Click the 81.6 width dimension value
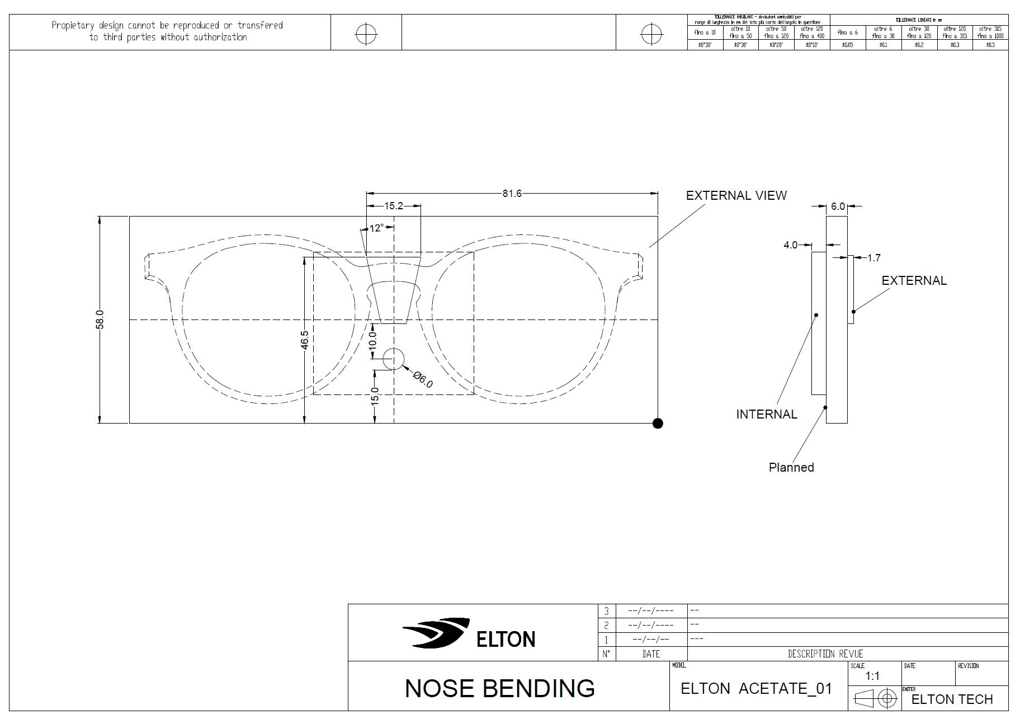pos(512,194)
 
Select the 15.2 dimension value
pos(394,206)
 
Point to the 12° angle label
pos(377,228)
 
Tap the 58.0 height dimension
pos(100,319)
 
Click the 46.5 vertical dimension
pos(305,340)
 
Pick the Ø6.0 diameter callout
pos(423,379)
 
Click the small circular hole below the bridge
pos(394,359)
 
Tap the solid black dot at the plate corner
pos(658,424)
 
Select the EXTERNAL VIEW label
pos(736,196)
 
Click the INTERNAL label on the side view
pos(766,415)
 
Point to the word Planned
pos(791,468)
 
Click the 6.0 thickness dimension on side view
pos(838,206)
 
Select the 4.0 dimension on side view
pos(790,245)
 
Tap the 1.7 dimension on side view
pos(873,258)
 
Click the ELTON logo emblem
pos(437,633)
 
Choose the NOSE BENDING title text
pos(499,689)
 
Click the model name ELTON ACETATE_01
pos(756,689)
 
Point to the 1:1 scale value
pos(872,676)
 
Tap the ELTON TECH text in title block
pos(952,699)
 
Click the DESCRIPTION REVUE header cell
pos(825,654)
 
